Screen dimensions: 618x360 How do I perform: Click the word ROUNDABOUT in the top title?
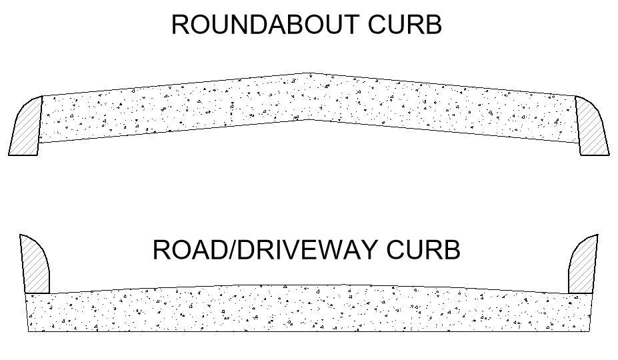tap(265, 25)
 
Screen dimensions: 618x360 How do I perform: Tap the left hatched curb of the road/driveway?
tap(35, 267)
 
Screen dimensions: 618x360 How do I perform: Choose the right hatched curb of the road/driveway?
tap(582, 267)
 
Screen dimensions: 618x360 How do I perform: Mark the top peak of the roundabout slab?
tap(309, 73)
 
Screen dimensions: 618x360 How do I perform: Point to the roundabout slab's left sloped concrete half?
tap(167, 109)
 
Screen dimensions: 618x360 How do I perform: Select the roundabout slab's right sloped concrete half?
tap(447, 109)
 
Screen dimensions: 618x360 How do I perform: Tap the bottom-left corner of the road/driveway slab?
tap(29, 331)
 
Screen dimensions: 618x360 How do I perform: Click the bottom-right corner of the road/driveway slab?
tap(591, 331)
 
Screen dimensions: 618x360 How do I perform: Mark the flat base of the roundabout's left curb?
tap(23, 155)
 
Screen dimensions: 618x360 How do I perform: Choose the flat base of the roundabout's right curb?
tap(595, 155)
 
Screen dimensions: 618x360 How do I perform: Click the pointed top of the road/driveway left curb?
tap(21, 235)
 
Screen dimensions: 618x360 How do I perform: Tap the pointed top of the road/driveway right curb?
tap(597, 235)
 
